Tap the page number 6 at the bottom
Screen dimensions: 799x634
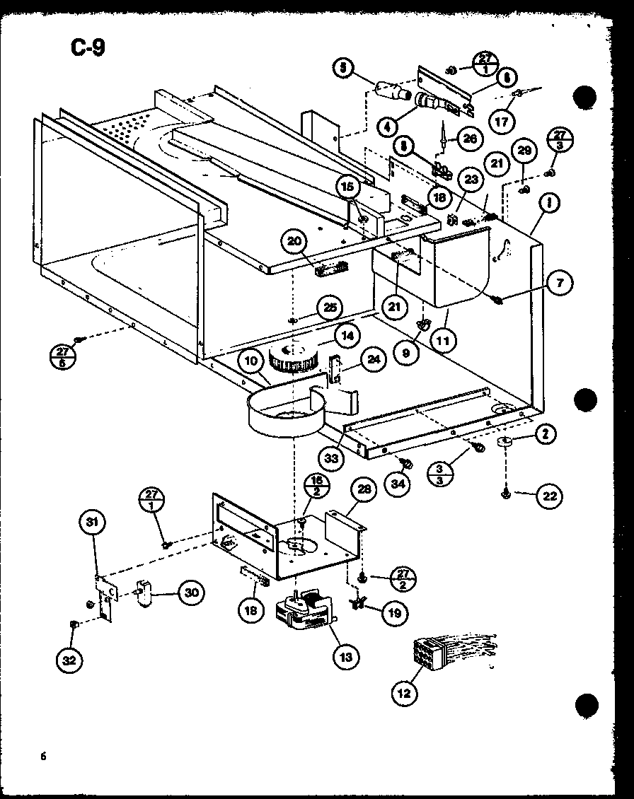point(43,756)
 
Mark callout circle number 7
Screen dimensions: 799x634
point(559,284)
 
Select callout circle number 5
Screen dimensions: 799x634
point(344,68)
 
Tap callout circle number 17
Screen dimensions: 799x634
point(501,120)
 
